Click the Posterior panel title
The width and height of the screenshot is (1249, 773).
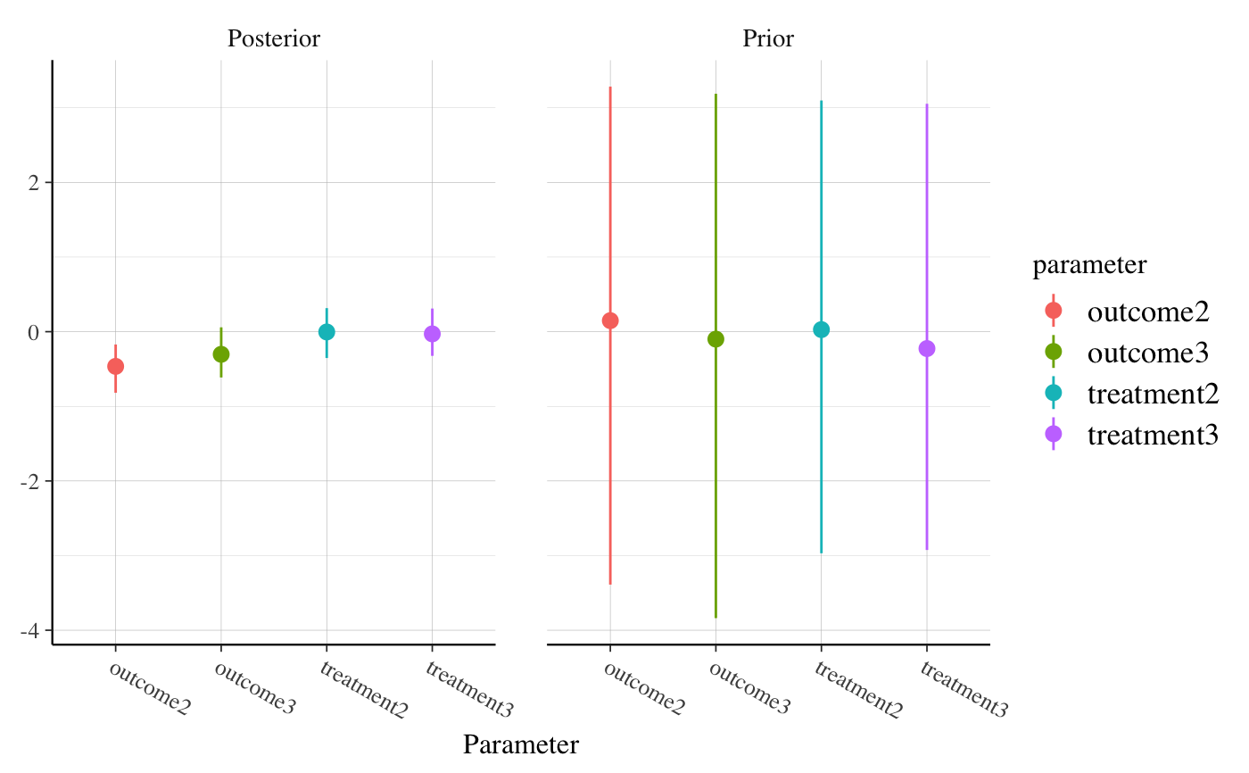tap(273, 39)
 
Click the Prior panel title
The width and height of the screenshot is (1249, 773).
tap(768, 39)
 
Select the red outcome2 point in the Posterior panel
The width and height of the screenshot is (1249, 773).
tap(115, 366)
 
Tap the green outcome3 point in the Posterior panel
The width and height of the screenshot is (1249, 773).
tap(221, 354)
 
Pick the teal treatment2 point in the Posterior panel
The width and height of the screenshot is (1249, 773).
tap(327, 332)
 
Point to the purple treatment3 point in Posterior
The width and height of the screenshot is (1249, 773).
tap(432, 334)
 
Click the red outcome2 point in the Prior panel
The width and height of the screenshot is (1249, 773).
tap(610, 320)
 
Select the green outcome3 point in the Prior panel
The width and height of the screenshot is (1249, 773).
tap(715, 339)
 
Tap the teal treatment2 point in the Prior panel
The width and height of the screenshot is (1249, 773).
tap(821, 329)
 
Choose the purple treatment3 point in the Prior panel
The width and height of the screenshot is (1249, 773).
tap(927, 348)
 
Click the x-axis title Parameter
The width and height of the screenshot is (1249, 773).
tap(520, 745)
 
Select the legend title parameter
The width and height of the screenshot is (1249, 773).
tap(1089, 265)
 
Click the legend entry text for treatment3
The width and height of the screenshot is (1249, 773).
tap(1153, 435)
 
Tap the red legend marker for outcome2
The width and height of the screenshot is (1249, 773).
tap(1053, 310)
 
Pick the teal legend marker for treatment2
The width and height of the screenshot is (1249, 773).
tap(1053, 393)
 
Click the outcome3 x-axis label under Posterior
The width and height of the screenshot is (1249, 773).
tap(254, 689)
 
